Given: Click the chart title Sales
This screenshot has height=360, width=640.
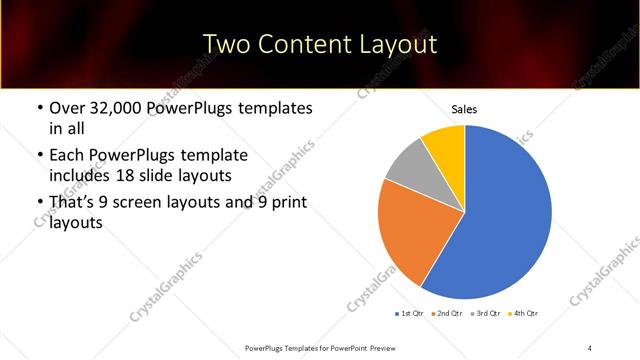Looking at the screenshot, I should pos(464,109).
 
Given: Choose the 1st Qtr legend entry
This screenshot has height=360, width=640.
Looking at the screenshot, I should pos(411,314).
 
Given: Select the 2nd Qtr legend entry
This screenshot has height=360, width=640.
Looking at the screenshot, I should pos(447,314).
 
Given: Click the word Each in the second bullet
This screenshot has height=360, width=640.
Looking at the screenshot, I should pos(67,156).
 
